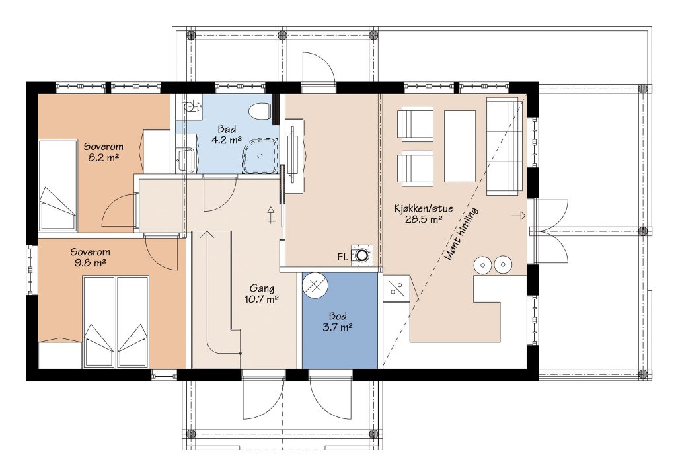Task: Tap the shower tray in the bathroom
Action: coord(260,155)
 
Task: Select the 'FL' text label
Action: coord(342,257)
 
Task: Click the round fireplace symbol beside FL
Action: coord(361,255)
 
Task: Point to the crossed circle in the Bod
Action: coord(315,286)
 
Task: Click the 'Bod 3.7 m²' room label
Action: coord(337,321)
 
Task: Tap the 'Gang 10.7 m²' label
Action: coord(261,294)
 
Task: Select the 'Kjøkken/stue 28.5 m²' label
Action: coord(424,214)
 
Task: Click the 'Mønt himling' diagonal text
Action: coord(461,233)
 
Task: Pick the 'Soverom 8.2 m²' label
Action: coord(103,152)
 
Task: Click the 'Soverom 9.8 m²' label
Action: coord(90,257)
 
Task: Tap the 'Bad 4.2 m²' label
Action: coord(227,134)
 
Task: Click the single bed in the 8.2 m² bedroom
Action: coord(57,186)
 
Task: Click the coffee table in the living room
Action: coord(460,147)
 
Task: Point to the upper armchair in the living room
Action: coord(415,124)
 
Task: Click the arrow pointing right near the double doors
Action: coord(519,216)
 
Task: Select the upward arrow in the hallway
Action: coord(271,215)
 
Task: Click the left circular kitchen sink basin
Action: coord(482,264)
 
